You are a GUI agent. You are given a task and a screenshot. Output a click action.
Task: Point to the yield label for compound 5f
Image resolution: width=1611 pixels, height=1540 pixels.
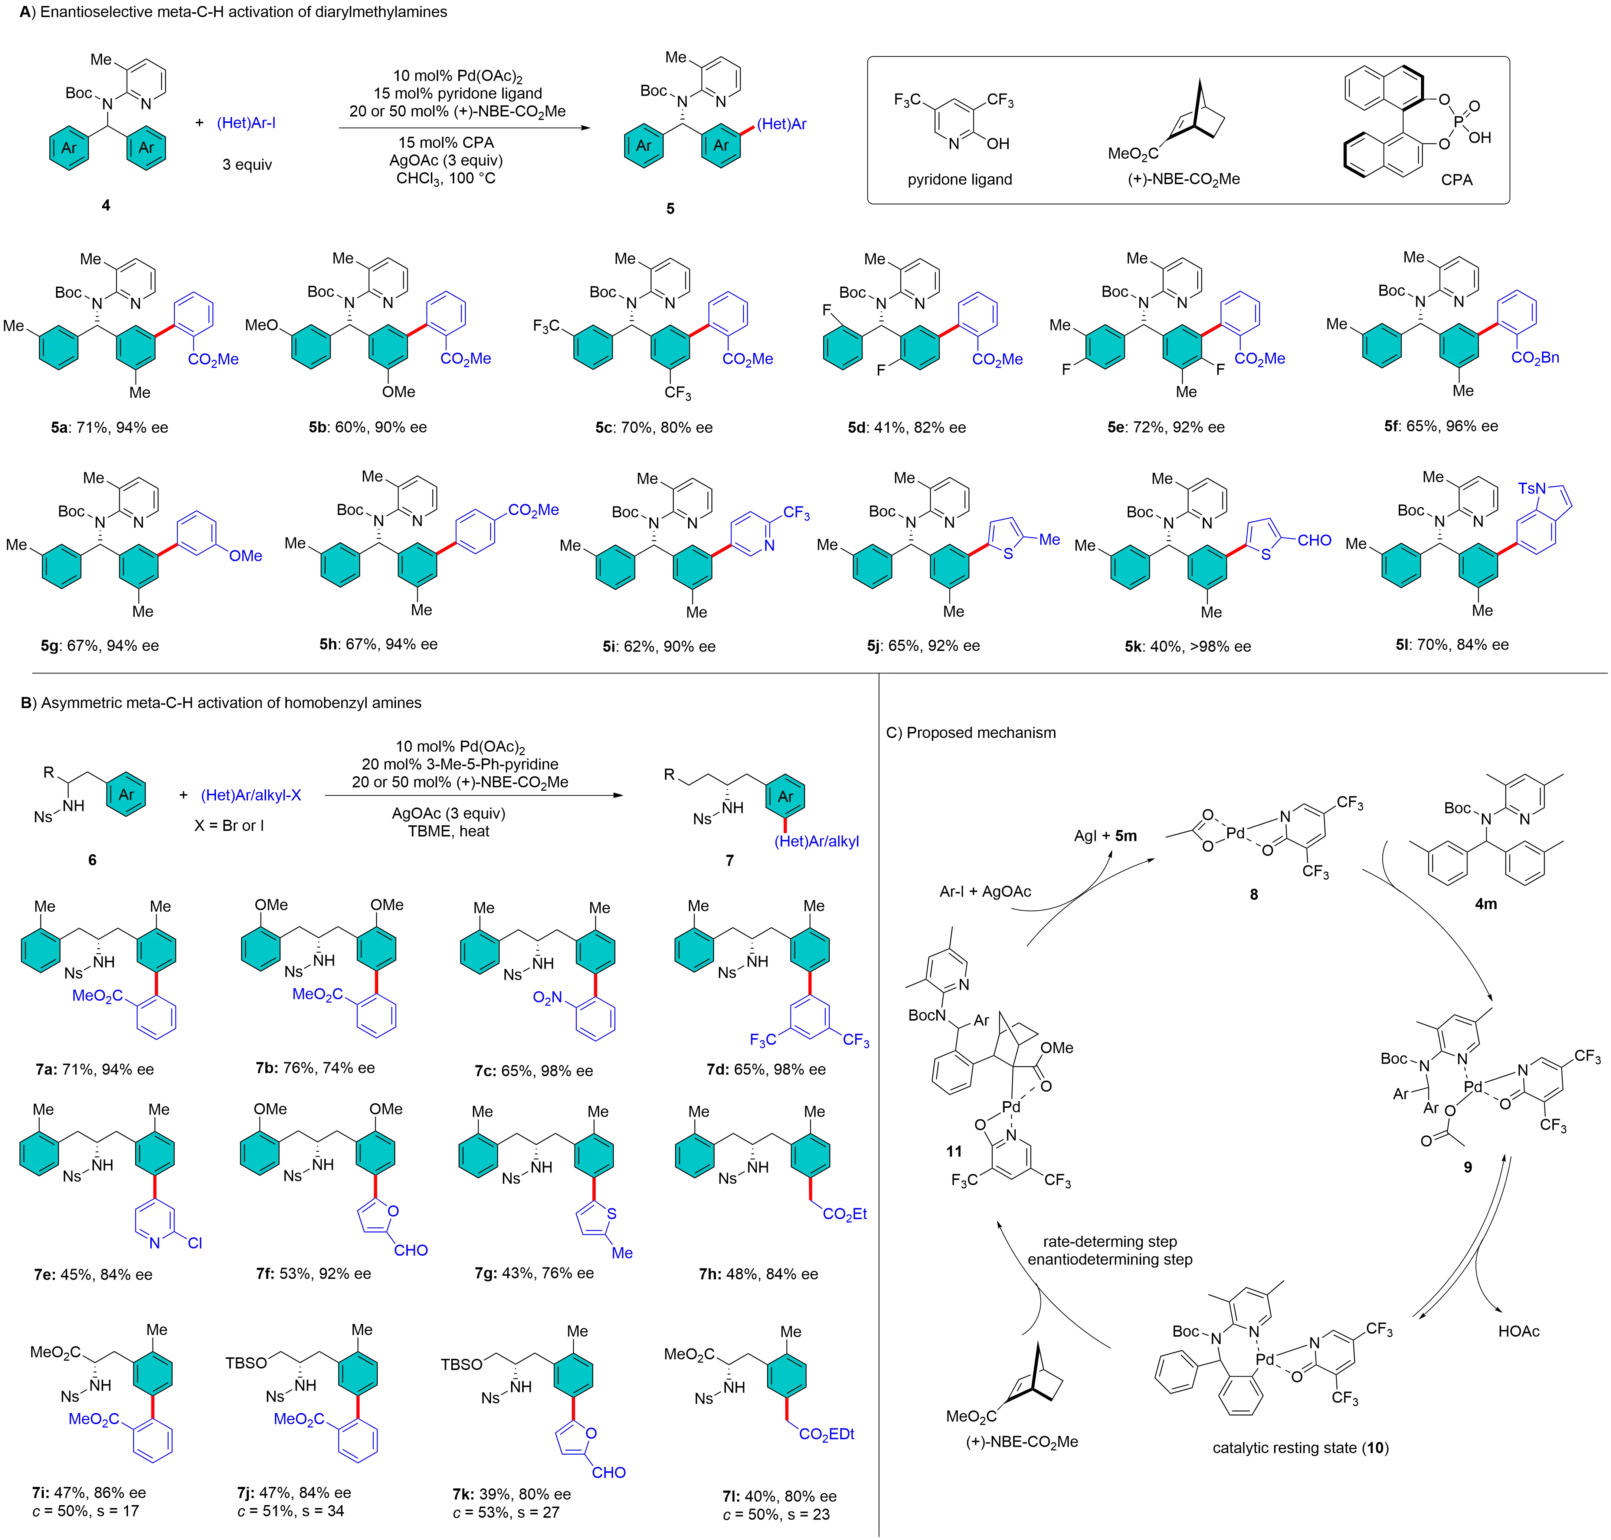click(1440, 426)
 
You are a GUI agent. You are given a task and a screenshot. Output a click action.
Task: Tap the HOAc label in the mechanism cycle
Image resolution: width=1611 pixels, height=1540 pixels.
click(1519, 1331)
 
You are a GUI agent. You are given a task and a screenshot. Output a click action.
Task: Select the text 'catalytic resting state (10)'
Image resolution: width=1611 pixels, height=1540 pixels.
click(1300, 1448)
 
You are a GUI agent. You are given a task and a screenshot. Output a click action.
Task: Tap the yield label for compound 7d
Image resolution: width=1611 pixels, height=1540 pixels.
click(766, 1070)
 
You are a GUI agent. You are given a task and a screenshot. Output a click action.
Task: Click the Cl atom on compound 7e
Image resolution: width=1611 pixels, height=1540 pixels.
click(194, 1243)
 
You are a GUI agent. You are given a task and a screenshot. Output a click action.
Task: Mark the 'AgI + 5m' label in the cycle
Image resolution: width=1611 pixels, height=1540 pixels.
click(1105, 836)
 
